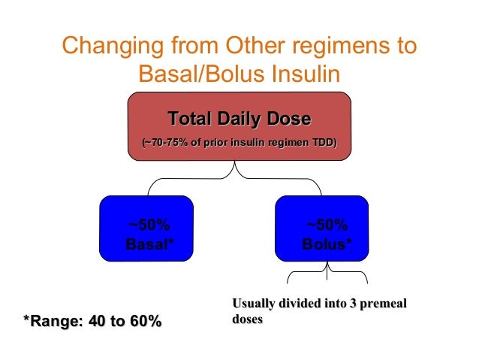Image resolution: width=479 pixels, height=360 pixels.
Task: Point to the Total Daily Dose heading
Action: point(239,119)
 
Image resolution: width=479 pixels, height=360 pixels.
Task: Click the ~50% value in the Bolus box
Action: point(327,225)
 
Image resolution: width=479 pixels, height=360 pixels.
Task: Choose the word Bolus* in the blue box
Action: point(327,244)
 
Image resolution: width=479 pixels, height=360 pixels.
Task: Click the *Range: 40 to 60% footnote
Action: point(92,322)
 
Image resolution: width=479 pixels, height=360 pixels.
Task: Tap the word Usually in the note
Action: point(255,304)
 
